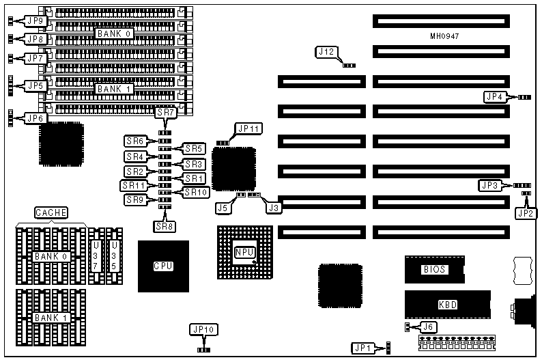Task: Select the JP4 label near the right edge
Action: [x=494, y=97]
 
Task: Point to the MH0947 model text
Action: [x=446, y=36]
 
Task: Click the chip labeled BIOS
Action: [x=435, y=269]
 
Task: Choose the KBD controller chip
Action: [x=447, y=304]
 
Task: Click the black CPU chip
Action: [x=163, y=266]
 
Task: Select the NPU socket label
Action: [x=244, y=252]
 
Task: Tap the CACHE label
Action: [x=51, y=212]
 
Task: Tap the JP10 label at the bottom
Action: [x=203, y=330]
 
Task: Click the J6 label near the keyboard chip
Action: [x=429, y=327]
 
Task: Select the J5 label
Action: [x=222, y=207]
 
